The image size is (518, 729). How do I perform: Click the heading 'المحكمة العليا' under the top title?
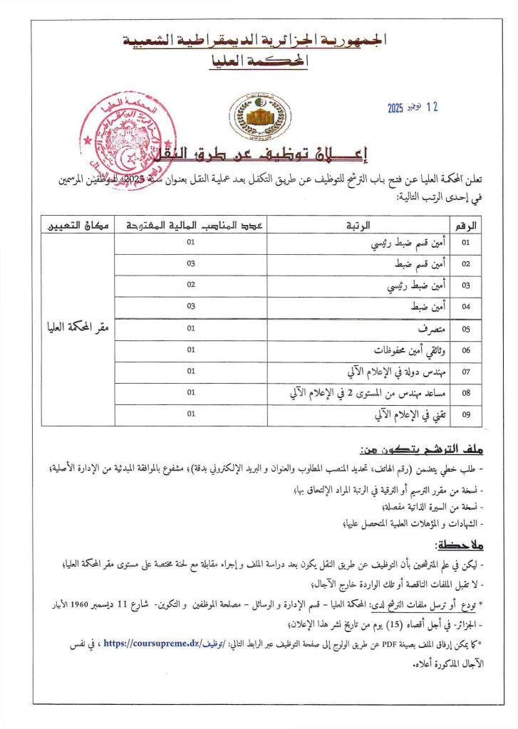click(259, 61)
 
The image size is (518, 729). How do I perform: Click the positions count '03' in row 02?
click(190, 264)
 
